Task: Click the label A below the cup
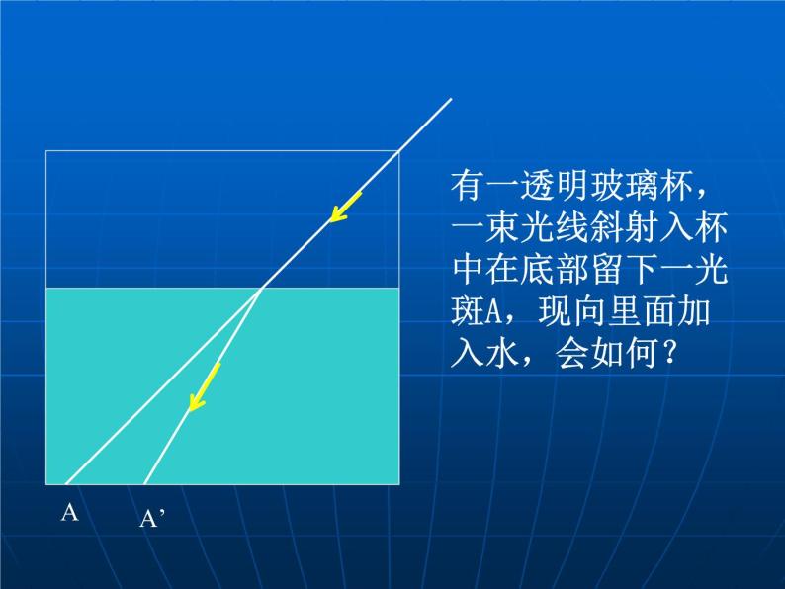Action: [69, 512]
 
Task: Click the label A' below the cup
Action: [151, 519]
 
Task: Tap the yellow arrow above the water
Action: [345, 207]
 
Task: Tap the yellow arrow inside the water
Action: [204, 385]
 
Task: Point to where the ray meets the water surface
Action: [261, 289]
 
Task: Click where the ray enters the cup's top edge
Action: [397, 151]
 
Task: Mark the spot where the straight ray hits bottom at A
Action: [65, 484]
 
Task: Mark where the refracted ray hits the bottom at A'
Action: [145, 484]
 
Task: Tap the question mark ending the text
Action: [672, 355]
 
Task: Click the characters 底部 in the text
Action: [566, 271]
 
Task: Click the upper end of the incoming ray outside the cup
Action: [451, 99]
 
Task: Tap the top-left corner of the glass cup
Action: [46, 151]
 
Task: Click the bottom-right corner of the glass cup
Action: [398, 484]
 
